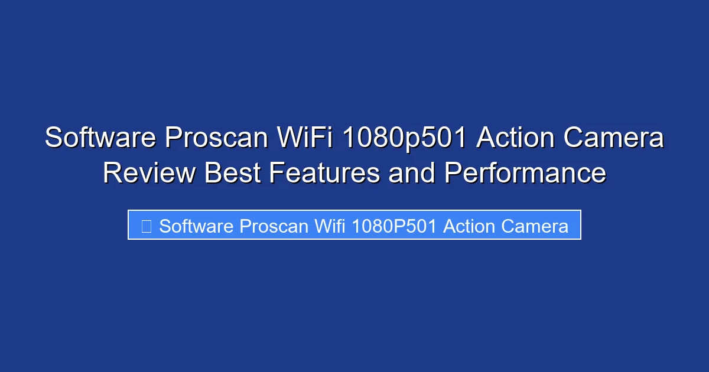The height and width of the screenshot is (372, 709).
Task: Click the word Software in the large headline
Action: pyautogui.click(x=100, y=139)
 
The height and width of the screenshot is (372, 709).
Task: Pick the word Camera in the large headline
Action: pyautogui.click(x=614, y=139)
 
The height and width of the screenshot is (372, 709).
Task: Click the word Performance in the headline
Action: pyautogui.click(x=525, y=174)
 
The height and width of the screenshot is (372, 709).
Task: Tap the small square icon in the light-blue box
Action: pyautogui.click(x=146, y=226)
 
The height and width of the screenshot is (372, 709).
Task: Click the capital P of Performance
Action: pyautogui.click(x=453, y=174)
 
